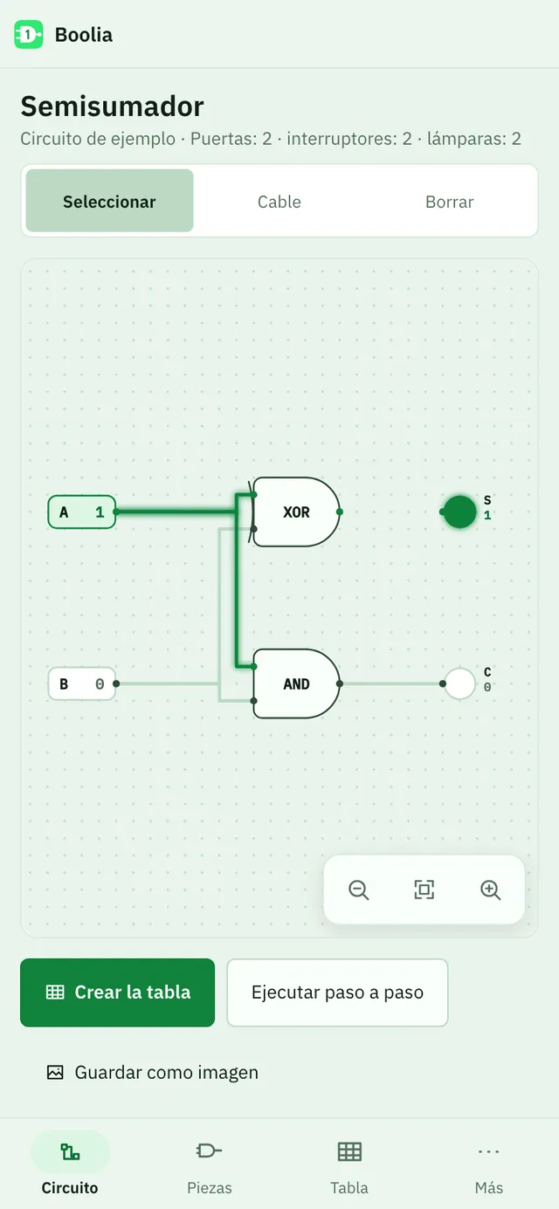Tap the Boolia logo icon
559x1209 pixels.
coord(28,35)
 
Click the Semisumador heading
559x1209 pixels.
coord(113,106)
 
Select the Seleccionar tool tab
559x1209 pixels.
coord(110,201)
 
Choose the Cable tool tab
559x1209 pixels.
coord(279,202)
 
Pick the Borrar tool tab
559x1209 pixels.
coord(449,202)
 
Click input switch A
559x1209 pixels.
coord(81,512)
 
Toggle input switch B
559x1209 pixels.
coord(81,683)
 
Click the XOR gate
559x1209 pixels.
coord(296,512)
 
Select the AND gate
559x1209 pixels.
coord(296,683)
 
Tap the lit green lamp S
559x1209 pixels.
coord(459,512)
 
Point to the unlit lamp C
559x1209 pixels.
coord(459,683)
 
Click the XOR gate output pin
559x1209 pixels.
coord(339,512)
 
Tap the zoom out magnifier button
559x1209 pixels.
coord(358,890)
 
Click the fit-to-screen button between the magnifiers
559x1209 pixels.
coord(424,890)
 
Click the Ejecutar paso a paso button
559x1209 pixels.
coord(337,993)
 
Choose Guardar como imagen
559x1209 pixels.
coord(152,1072)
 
